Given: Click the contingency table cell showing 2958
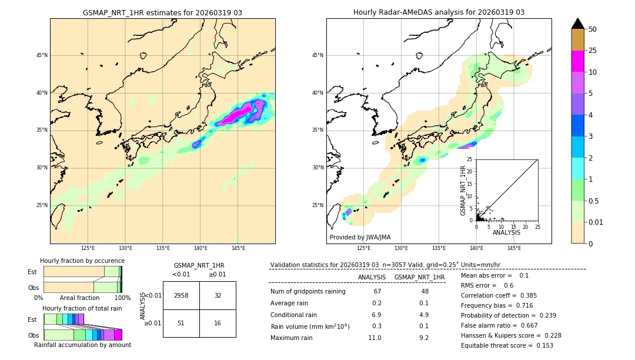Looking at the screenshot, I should [x=181, y=295].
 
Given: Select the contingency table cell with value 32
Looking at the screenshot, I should [x=218, y=295].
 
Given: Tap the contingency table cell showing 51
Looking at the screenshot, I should [x=181, y=323].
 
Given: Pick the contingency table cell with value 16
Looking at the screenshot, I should [x=218, y=323].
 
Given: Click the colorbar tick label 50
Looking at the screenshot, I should [x=593, y=29].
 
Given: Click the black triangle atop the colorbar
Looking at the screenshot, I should [x=578, y=24].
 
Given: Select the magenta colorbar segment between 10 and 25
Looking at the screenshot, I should [x=578, y=61].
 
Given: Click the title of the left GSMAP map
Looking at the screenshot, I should [x=162, y=12].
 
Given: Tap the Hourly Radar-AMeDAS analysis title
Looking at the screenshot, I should [x=439, y=12].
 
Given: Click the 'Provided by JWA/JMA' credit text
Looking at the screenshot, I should [x=360, y=237].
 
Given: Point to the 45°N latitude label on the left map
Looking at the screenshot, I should [x=42, y=55].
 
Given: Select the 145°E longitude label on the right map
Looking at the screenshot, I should [x=514, y=248].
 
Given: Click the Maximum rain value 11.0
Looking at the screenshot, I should [x=375, y=338].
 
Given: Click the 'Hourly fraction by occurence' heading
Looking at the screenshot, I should [x=82, y=261].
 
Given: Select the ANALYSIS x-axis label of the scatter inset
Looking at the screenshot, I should [x=506, y=232].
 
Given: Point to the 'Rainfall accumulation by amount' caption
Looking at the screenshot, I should [x=82, y=345].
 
